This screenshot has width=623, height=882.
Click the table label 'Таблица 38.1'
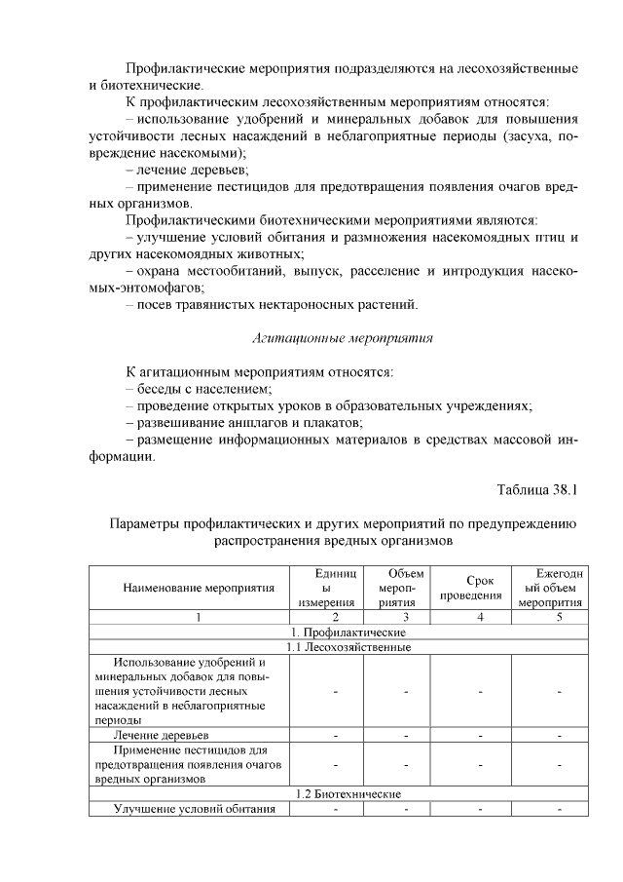point(537,488)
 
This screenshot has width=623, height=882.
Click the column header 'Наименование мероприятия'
point(199,588)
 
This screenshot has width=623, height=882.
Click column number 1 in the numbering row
point(199,617)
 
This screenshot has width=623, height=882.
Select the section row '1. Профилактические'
point(336,632)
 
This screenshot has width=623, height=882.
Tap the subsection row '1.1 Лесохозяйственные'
point(336,646)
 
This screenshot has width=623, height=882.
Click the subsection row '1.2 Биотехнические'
point(336,794)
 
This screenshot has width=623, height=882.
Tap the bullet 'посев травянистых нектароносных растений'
point(276,305)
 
